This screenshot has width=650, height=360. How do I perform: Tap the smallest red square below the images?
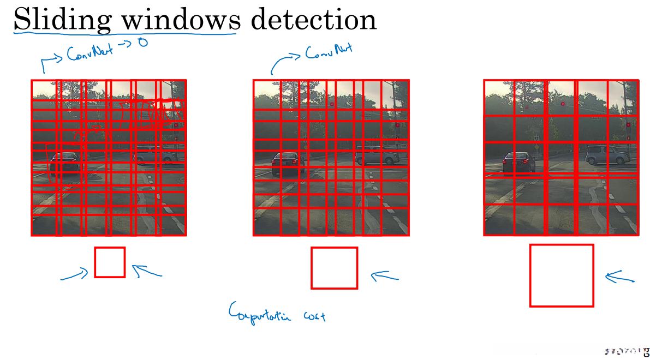pyautogui.click(x=110, y=262)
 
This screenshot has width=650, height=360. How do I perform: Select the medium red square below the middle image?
pyautogui.click(x=334, y=268)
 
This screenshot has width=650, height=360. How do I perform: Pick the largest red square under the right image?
pyautogui.click(x=561, y=275)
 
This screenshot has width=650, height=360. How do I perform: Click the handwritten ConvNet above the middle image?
pyautogui.click(x=329, y=52)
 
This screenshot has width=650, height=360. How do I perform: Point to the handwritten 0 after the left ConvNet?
pyautogui.click(x=143, y=42)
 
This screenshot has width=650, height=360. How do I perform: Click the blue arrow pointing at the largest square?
pyautogui.click(x=619, y=277)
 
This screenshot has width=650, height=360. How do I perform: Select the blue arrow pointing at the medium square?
pyautogui.click(x=385, y=277)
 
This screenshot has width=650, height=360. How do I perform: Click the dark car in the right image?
pyautogui.click(x=519, y=162)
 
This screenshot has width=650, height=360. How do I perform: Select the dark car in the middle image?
pyautogui.click(x=288, y=163)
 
